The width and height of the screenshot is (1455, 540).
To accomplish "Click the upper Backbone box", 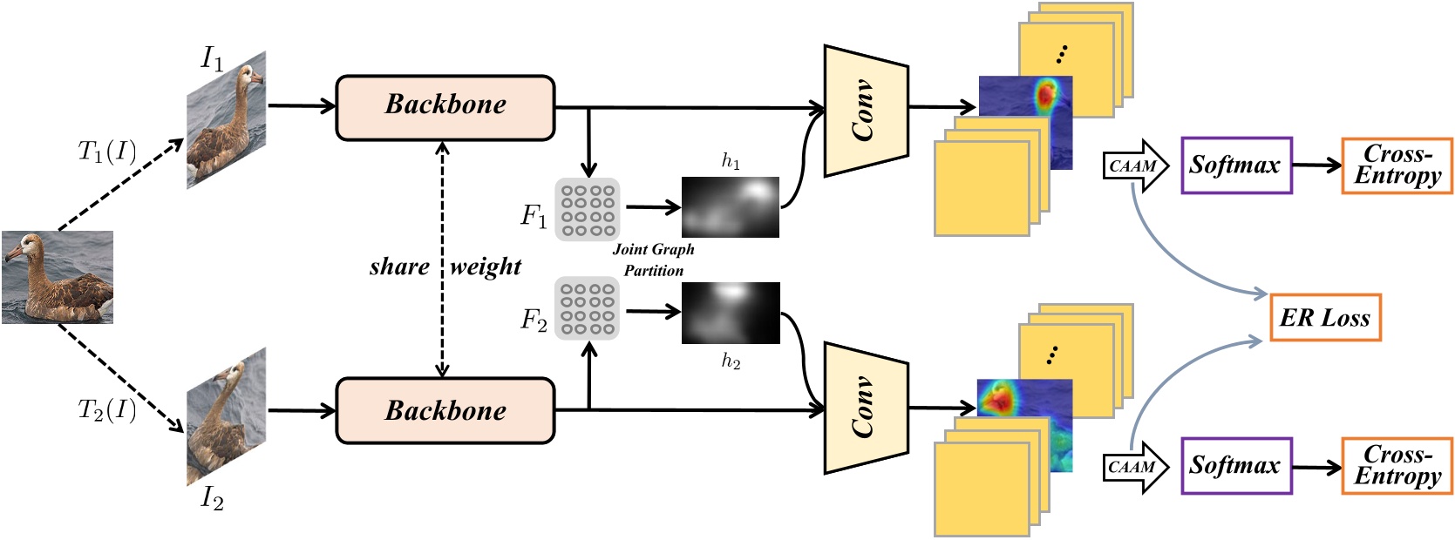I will coord(445,107).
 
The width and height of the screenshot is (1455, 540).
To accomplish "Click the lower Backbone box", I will coord(445,410).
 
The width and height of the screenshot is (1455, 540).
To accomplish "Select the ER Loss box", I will coord(1324,318).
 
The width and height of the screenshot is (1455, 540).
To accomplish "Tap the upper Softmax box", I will coord(1235,165).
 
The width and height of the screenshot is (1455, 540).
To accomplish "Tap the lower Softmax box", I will coord(1235,466).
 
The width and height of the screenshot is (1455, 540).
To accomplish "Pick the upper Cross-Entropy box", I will coord(1397,165).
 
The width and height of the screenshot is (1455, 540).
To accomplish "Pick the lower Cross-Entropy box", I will coord(1397,466).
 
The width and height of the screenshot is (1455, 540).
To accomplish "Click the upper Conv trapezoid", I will coord(865,111).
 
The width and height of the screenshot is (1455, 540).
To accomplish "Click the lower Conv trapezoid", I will coord(865,408).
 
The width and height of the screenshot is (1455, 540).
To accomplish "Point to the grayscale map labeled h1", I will coord(730,206).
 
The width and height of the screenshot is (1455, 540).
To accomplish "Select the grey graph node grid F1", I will coord(587,209).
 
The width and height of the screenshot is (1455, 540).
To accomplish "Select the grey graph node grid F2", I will coord(587,308).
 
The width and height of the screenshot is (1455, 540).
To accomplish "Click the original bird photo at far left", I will coord(57,277).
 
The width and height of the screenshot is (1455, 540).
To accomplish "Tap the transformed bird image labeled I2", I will coord(226,416).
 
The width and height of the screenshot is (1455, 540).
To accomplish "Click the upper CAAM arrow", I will coord(1135,165).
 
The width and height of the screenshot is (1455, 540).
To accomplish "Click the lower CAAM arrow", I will coord(1135,467).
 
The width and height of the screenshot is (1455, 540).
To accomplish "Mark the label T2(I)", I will coord(107,409).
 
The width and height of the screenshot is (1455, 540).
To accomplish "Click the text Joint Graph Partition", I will coord(653,260).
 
